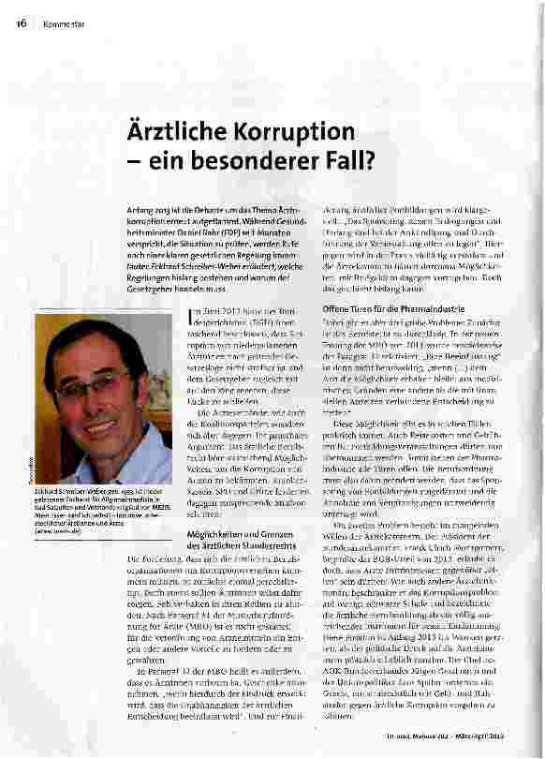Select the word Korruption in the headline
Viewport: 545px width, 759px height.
click(x=297, y=130)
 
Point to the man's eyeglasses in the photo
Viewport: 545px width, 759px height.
click(x=94, y=383)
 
